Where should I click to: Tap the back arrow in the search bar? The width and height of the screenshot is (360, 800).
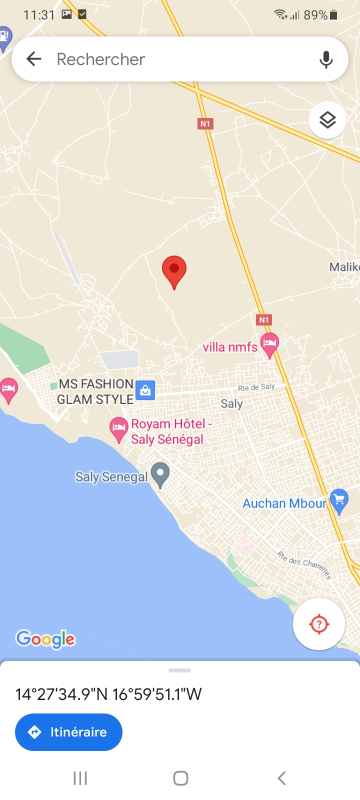point(34,59)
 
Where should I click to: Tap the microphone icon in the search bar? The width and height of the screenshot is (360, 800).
point(326,59)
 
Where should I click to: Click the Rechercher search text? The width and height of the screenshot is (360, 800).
point(101,59)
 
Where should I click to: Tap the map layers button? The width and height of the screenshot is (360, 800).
point(327,120)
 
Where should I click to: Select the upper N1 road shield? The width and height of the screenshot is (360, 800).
point(205,123)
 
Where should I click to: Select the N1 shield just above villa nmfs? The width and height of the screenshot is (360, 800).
point(264,319)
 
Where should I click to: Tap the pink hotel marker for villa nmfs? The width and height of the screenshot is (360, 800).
point(269,344)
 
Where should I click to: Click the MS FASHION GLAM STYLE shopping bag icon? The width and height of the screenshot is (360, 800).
point(145,390)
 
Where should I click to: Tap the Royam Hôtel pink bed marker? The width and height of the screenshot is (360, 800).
point(118,428)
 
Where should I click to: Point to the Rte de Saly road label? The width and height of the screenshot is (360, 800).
point(256,387)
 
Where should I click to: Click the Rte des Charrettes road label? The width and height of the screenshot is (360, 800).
point(304,564)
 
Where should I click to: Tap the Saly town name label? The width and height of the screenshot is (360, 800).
point(231,403)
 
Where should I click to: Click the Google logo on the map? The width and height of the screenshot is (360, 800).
point(45,639)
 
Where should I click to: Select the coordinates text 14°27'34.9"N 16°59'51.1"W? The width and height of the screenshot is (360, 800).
point(108,694)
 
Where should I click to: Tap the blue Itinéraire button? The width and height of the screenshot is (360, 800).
point(68,732)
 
